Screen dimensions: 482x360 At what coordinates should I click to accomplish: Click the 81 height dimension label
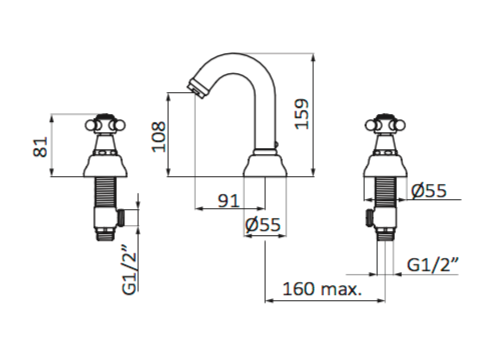[x=40, y=147]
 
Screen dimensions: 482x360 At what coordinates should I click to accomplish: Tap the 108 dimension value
[x=159, y=137]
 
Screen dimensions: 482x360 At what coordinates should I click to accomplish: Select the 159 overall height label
[x=302, y=114]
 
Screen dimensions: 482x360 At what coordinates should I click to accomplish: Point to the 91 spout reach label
[x=228, y=201]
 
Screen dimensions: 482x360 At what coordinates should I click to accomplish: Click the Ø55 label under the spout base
[x=263, y=225]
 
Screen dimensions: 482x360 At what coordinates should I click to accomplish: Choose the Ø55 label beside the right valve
[x=429, y=191]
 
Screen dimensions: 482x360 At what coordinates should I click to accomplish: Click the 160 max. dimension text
[x=322, y=289]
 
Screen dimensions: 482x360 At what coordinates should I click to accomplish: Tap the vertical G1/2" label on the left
[x=130, y=270]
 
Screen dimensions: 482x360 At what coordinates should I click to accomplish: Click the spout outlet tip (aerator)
[x=197, y=88]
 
